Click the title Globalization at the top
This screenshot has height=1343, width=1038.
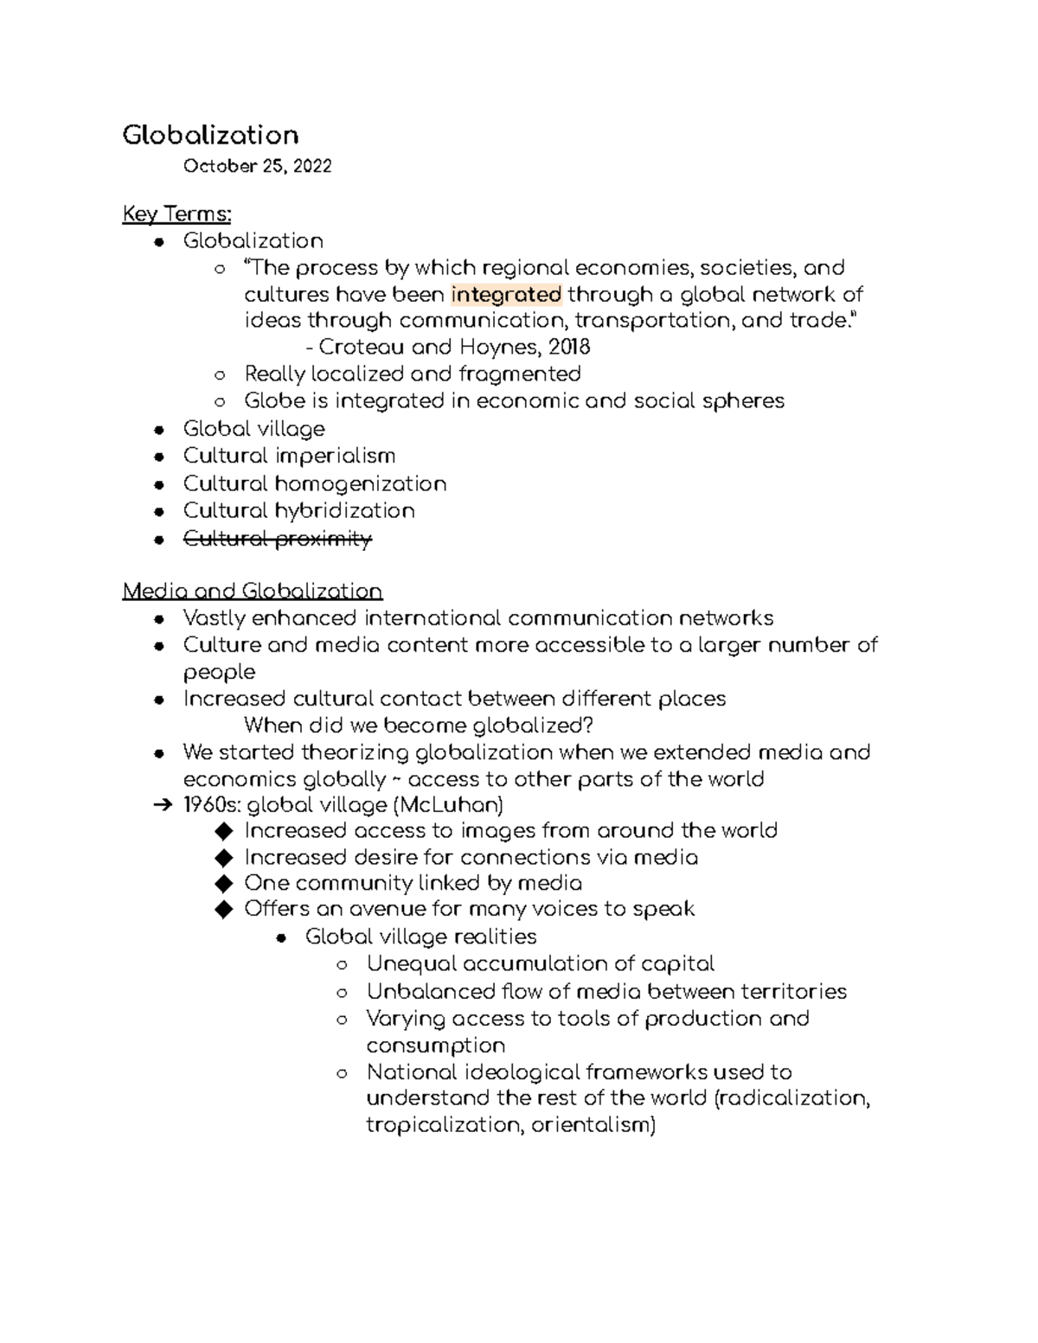[x=210, y=135]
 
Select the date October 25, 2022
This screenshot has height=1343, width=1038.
[x=257, y=166]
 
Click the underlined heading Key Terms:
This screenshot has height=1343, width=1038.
[x=176, y=214]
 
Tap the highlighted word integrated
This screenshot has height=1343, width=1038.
[x=506, y=294]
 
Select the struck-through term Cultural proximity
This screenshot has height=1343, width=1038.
[x=277, y=539]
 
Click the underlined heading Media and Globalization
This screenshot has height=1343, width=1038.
[x=252, y=592]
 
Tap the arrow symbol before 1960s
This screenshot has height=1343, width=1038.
[x=162, y=806]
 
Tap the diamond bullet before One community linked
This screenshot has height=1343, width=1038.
[x=224, y=884]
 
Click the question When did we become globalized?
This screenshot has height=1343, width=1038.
[x=419, y=725]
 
